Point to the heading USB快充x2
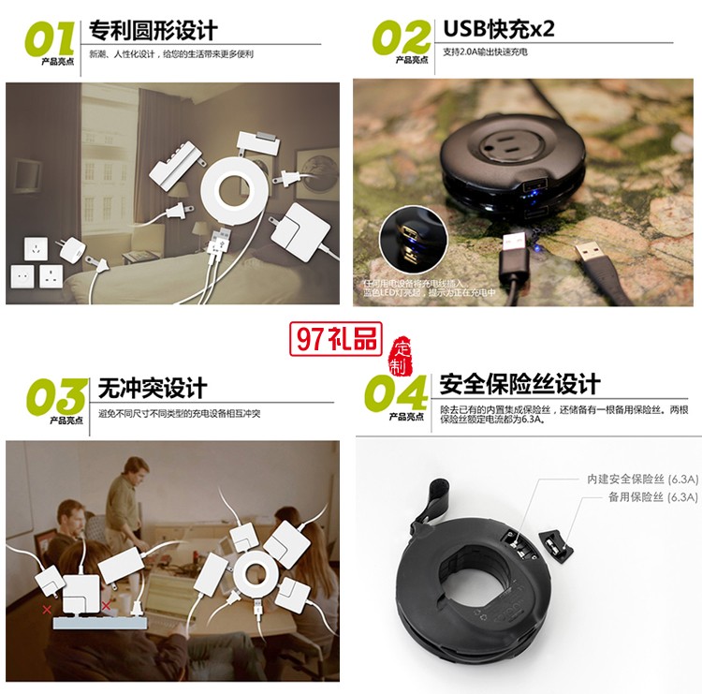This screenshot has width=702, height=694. tap(498, 28)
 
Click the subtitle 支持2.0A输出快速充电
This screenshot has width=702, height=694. tap(485, 52)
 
